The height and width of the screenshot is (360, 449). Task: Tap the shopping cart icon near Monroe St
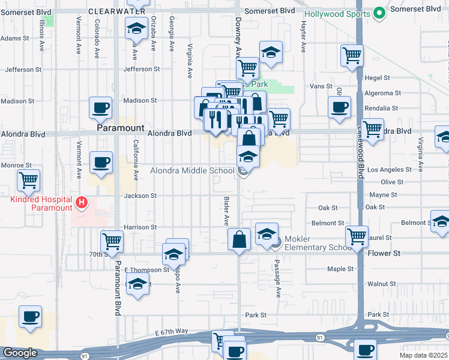28,179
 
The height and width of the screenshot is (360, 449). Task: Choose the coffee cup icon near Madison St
100,107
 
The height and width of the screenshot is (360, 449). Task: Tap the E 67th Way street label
171,332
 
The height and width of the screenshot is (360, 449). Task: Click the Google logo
20,353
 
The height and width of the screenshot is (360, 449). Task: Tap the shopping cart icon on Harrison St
112,241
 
